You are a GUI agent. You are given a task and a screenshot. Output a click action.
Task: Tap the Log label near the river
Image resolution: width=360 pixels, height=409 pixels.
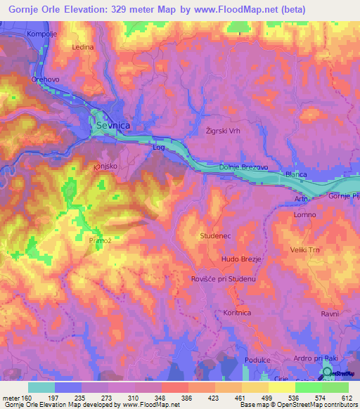(x=158, y=148)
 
